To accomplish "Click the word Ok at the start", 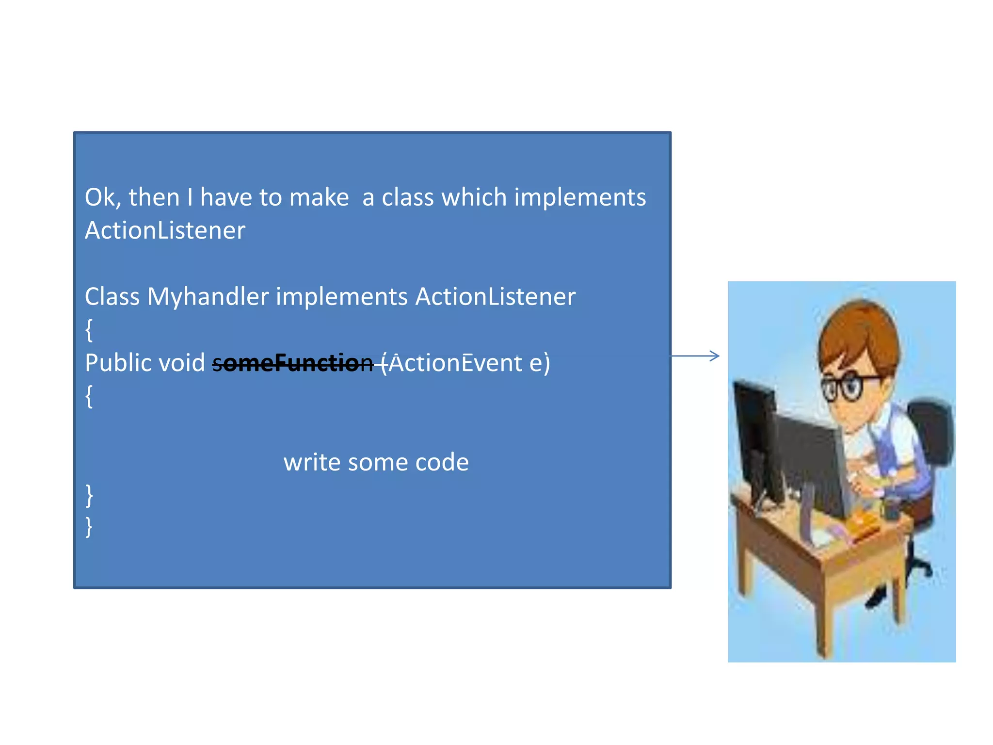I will click(x=100, y=198).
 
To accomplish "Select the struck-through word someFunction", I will click(x=293, y=363).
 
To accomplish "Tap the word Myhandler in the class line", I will click(x=208, y=296).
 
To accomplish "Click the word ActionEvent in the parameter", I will click(x=455, y=363).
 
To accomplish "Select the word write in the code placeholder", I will click(x=311, y=462).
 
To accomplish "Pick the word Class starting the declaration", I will click(x=112, y=296).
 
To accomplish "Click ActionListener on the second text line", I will click(x=165, y=230).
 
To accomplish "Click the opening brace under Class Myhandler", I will click(x=89, y=330).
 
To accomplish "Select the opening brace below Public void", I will click(x=89, y=396).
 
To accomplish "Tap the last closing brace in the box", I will click(x=89, y=527).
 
